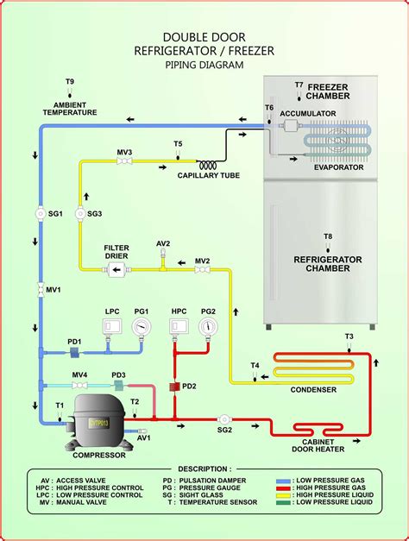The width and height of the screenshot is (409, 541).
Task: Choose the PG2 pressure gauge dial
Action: click(x=208, y=328)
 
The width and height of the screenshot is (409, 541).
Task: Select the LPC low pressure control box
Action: click(x=112, y=327)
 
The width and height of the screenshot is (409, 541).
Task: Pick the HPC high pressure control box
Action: click(x=179, y=327)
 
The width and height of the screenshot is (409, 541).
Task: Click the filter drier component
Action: click(x=116, y=271)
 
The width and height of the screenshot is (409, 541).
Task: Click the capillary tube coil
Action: click(x=208, y=165)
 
